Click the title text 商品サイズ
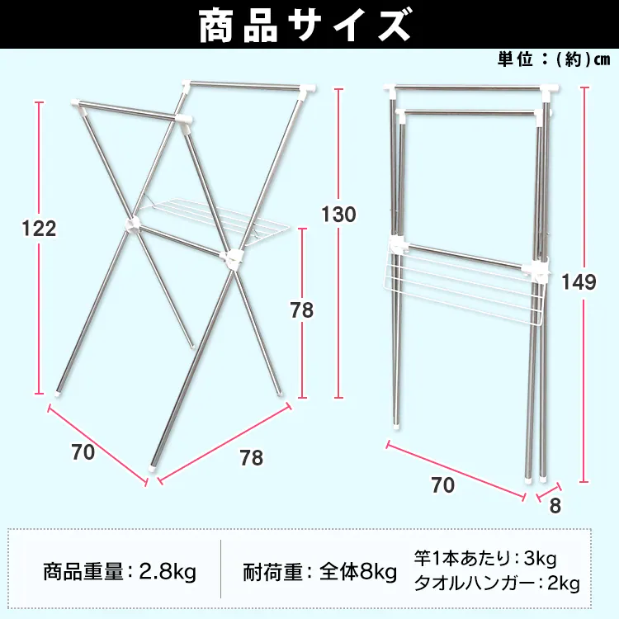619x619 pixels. click(305, 25)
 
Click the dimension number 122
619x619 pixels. click(40, 229)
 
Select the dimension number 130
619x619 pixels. click(338, 215)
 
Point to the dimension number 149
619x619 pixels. click(579, 282)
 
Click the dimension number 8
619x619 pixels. click(555, 506)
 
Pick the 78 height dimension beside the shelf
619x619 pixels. click(302, 310)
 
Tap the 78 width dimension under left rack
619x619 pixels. click(251, 457)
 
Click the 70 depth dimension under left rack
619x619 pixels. click(83, 451)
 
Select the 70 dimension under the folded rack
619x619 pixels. click(443, 485)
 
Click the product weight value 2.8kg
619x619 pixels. click(168, 571)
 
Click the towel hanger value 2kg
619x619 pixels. click(562, 584)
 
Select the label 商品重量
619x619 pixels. click(83, 571)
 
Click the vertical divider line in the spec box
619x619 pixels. click(221, 570)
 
